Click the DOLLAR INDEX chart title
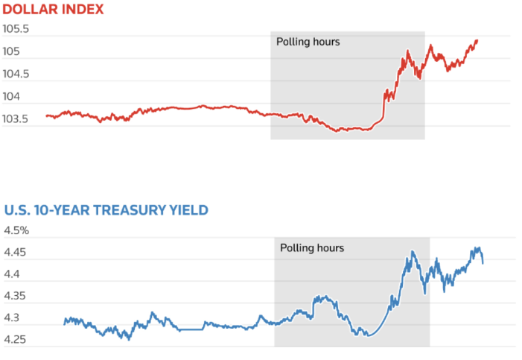click(54, 10)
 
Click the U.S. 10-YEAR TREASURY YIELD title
click(106, 210)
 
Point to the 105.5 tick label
click(16, 30)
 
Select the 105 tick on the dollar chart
click(12, 52)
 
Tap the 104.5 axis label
click(16, 75)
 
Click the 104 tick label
click(12, 97)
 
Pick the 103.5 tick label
click(16, 119)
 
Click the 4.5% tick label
click(16, 230)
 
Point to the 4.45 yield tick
click(15, 253)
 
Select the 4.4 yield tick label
click(12, 274)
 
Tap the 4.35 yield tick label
click(15, 297)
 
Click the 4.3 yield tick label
click(12, 318)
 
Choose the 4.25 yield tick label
click(15, 340)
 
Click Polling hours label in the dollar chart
click(308, 42)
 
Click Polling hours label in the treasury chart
click(312, 247)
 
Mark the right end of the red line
click(477, 40)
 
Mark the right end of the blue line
click(483, 262)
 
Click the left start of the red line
click(46, 116)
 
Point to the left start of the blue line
click(65, 322)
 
